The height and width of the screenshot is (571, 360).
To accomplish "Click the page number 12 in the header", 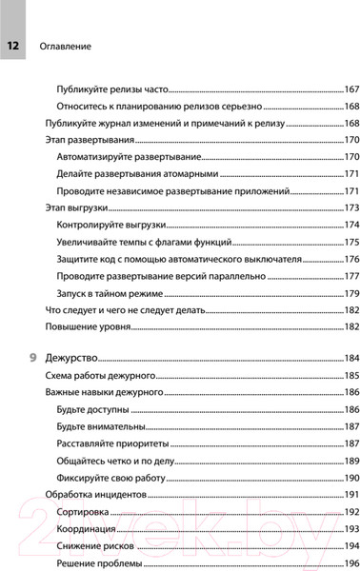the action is click(13, 45).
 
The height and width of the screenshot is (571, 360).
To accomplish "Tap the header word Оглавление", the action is click(65, 45).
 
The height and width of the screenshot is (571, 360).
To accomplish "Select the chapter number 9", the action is click(35, 358).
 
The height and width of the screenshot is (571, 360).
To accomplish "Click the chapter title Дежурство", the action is click(72, 358).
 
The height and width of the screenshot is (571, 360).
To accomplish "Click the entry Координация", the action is click(88, 529).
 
